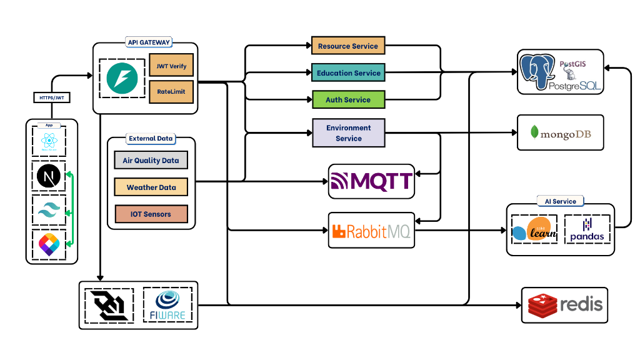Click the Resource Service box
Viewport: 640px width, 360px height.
click(x=348, y=46)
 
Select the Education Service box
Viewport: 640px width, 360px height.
click(x=348, y=72)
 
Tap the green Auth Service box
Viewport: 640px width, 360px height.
click(x=348, y=99)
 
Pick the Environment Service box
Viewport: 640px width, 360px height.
click(x=348, y=132)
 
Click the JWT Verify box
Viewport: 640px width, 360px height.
click(x=172, y=66)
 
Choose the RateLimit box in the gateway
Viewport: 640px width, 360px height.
click(x=172, y=91)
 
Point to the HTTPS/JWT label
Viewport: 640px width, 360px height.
click(x=50, y=97)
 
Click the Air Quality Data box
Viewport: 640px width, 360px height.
click(x=151, y=160)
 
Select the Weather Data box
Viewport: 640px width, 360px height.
click(x=151, y=187)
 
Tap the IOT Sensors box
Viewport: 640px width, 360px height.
click(x=151, y=214)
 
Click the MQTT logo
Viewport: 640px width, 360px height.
click(x=371, y=181)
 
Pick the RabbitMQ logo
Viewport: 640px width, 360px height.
click(x=371, y=231)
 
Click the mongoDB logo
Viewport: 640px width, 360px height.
click(x=561, y=132)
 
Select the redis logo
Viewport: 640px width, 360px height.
click(x=565, y=305)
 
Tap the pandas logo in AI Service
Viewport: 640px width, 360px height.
click(x=587, y=229)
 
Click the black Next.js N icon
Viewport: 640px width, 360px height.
click(x=49, y=177)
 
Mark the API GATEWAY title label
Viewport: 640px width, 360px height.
click(x=149, y=42)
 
